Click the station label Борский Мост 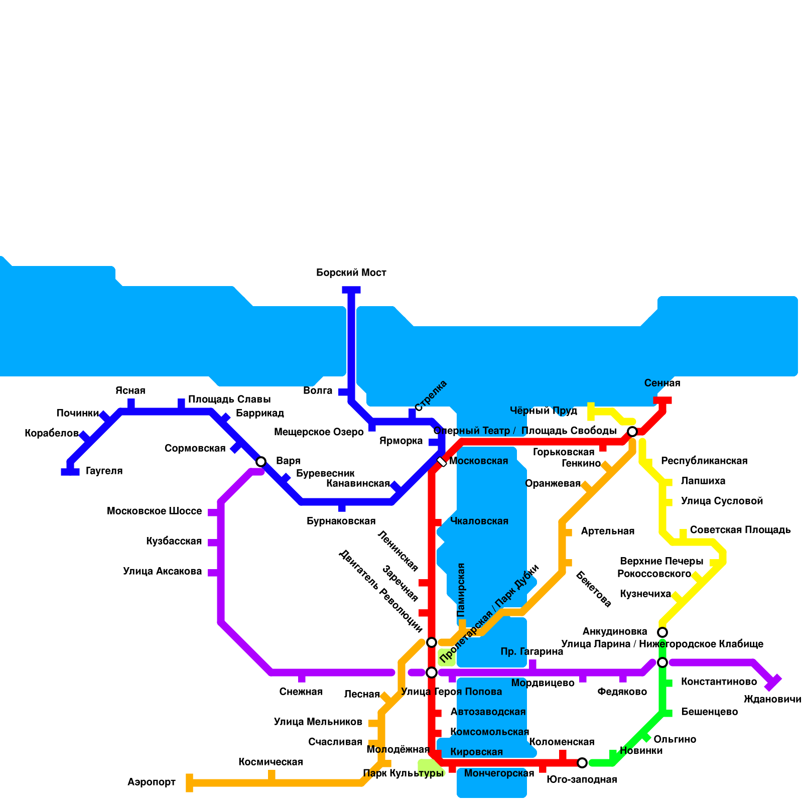click(351, 273)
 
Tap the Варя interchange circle click(261, 462)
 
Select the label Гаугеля click(104, 471)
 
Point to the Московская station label click(478, 461)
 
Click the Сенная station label click(662, 383)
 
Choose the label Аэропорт click(152, 782)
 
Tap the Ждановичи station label click(772, 699)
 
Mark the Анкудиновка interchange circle click(662, 632)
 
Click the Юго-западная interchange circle click(582, 763)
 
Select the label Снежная click(301, 692)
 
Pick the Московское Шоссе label click(154, 511)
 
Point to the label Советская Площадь click(740, 530)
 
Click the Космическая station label click(271, 762)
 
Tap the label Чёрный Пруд click(544, 411)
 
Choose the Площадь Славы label click(229, 399)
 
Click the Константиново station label click(719, 682)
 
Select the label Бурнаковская click(341, 521)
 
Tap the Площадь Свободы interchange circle click(632, 432)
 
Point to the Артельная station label click(607, 531)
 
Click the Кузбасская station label click(174, 541)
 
